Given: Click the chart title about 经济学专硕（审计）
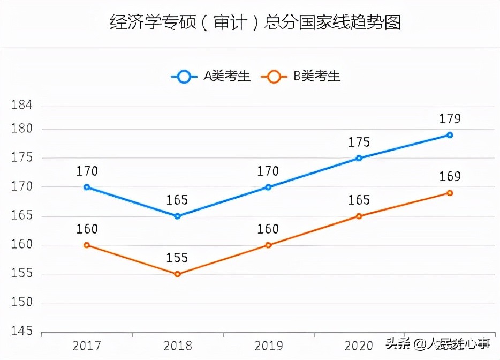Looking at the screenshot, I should pos(255,23).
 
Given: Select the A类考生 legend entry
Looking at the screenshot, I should pos(210,76).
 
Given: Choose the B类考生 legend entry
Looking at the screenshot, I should pos(300,76).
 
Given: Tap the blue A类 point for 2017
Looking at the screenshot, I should pos(87,187).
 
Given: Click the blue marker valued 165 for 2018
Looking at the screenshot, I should pos(177,216).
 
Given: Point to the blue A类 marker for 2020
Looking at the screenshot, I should pos(359,158).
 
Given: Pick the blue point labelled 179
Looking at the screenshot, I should pos(450,135).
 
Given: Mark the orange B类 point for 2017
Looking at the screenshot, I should pos(87,245).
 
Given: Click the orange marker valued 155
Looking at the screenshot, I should pos(177,274).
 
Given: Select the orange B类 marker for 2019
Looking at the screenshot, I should pos(268,245).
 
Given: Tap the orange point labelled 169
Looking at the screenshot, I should pos(450,193).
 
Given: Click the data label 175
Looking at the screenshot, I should pos(359,142).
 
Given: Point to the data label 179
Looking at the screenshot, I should pos(450,119).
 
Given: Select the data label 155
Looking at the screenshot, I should pos(177,258).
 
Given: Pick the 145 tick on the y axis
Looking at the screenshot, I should pos(22,332).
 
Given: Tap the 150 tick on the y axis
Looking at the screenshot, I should pos(22,303).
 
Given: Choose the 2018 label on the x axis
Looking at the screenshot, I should pos(177,346).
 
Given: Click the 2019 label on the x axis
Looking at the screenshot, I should pos(268,346).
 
